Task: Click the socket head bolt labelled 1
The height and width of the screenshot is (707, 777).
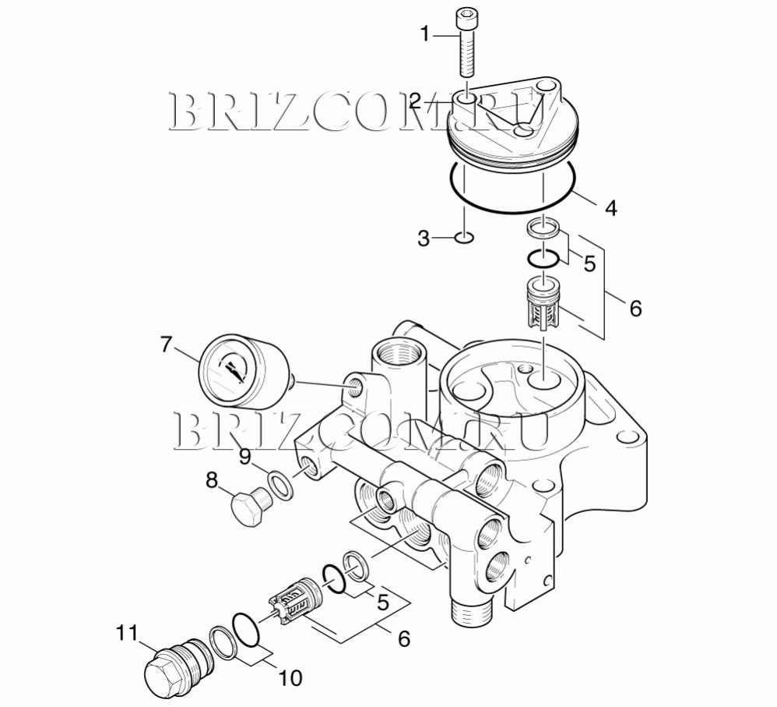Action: [466, 44]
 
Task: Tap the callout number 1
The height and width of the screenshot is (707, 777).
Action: [425, 35]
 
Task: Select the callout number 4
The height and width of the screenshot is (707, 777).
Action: [611, 208]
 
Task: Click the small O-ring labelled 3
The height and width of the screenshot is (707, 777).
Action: [464, 238]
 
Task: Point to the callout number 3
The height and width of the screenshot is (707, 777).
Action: [424, 239]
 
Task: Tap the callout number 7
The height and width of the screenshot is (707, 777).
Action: [167, 345]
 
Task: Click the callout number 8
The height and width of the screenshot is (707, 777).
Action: [212, 479]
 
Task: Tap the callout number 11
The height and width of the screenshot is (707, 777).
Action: [126, 633]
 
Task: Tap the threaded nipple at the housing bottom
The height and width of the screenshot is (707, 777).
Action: [471, 613]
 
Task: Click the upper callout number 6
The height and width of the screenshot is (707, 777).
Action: [635, 308]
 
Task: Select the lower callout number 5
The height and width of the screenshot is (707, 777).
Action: [383, 602]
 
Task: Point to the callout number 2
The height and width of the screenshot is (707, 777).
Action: [415, 101]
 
